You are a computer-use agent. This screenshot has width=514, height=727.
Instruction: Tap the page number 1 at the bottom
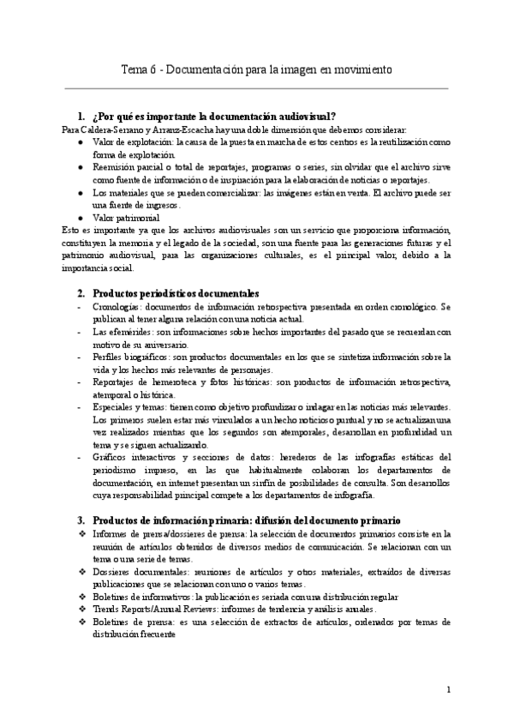448,688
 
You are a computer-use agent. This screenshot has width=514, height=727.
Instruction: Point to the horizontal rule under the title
256,87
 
